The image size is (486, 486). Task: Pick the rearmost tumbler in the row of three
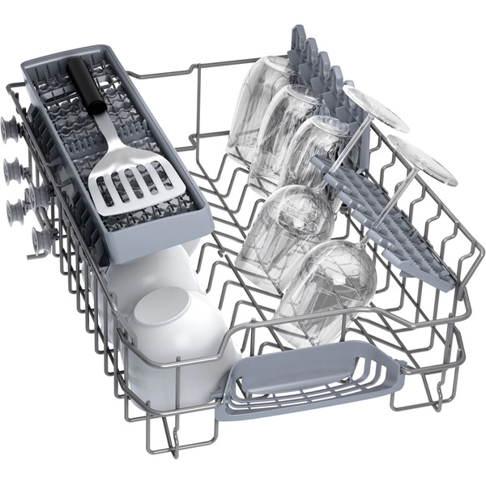[x=258, y=105]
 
